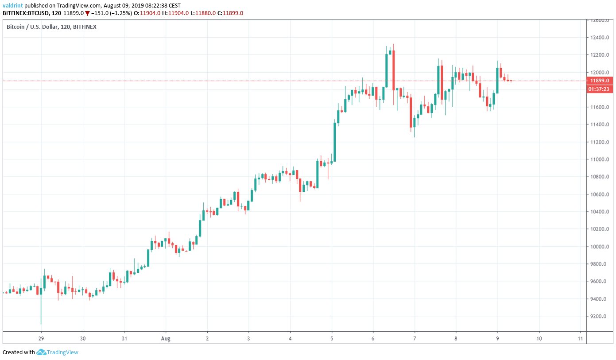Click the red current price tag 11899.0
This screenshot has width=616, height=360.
click(x=597, y=81)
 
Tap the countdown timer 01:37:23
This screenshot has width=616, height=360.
click(x=597, y=89)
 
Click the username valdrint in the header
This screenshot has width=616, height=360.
click(x=13, y=5)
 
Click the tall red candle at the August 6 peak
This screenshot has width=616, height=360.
click(x=393, y=70)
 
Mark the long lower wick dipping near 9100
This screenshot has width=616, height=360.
click(x=41, y=310)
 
